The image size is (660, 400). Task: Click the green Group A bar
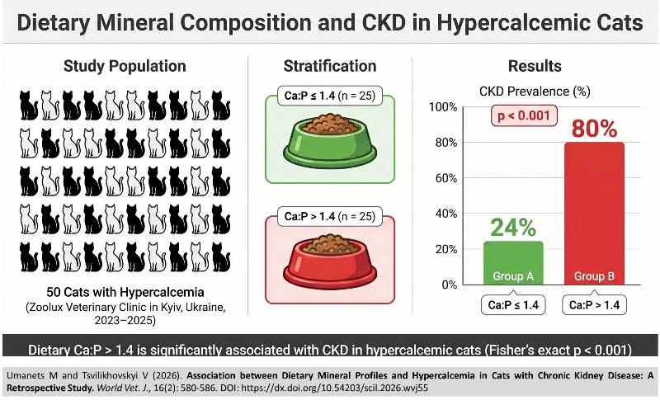tap(513, 263)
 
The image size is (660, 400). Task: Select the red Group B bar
tap(594, 214)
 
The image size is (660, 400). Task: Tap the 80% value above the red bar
tap(594, 129)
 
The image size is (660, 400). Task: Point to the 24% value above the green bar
tap(513, 227)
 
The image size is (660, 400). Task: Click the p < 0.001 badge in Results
tap(524, 115)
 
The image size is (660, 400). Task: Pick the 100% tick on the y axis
tap(443, 107)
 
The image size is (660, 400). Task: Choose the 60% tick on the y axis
tap(445, 178)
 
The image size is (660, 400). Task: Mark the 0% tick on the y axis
tap(449, 285)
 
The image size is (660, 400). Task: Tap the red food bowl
tap(330, 261)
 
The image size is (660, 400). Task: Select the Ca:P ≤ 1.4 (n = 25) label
tap(330, 96)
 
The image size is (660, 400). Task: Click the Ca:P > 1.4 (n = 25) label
tap(330, 216)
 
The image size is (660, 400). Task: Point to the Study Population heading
tap(125, 66)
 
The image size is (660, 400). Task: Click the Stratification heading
tap(330, 66)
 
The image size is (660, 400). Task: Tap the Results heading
tap(535, 66)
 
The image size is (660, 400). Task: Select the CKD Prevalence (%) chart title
tap(535, 92)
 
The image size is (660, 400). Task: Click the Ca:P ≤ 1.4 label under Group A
tap(513, 304)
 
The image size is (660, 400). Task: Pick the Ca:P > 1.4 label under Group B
tap(594, 304)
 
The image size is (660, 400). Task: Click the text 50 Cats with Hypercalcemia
tap(125, 292)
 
